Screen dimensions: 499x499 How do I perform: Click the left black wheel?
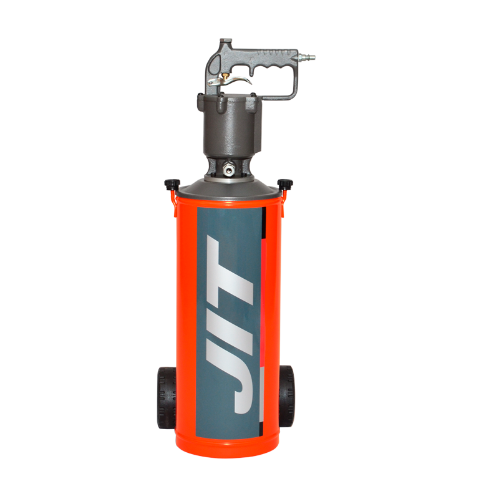pos(166,397)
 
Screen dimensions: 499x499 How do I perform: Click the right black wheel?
pos(287,396)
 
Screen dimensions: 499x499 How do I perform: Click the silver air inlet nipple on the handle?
pos(306,57)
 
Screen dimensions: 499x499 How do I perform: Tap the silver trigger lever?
pos(229,81)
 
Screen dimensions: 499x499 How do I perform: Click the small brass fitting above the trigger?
pos(225,75)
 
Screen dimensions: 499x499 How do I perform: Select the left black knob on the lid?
pos(172,184)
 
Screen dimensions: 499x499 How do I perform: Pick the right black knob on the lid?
pos(285,184)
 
